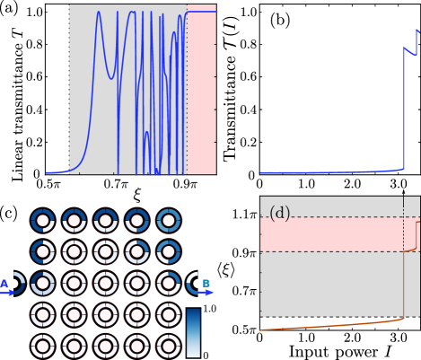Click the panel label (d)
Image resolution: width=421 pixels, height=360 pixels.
coord(279,214)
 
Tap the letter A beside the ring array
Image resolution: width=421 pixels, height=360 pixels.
coord(4,284)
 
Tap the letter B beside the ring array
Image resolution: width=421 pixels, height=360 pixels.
coord(206,284)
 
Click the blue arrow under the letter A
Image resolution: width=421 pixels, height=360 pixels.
coord(7,293)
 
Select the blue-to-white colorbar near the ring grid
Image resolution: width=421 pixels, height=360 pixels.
coord(193,332)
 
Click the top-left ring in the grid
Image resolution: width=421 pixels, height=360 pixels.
coord(44,221)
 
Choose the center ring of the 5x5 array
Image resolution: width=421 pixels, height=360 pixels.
coord(106,284)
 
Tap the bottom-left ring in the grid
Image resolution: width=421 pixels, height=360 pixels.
coord(44,346)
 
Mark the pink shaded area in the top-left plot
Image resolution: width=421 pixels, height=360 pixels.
coord(202,90)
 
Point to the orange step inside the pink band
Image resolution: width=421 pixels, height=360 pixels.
coord(416,235)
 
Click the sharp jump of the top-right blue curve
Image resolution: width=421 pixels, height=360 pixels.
coord(402,108)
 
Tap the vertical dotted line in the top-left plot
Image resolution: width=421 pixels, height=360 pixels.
coord(187,90)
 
